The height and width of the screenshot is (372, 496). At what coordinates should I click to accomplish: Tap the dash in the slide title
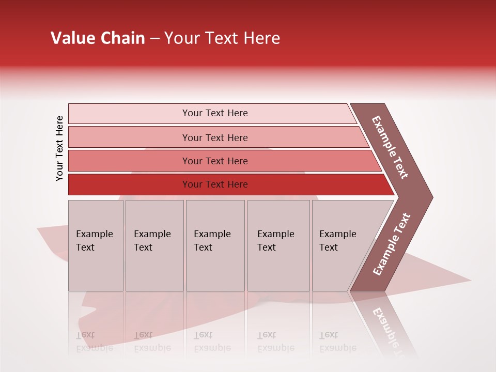point(154,39)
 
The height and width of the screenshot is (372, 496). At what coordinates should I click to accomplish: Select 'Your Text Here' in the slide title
point(222,38)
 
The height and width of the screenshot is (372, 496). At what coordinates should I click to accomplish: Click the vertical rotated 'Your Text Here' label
point(59,149)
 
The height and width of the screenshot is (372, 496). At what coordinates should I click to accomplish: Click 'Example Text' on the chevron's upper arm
point(390,147)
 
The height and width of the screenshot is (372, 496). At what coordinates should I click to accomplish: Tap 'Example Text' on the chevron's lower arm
point(392,244)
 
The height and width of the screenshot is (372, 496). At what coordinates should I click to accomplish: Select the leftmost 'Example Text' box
point(96,245)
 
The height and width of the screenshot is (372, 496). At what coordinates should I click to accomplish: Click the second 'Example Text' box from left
point(154,245)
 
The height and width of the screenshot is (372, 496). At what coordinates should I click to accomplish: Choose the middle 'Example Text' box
point(215,245)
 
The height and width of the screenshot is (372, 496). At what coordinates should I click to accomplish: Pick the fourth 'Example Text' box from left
point(278,245)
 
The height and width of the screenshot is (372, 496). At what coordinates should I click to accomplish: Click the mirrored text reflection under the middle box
point(212,342)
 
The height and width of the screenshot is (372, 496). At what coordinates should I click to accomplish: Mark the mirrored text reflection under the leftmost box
point(94,342)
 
